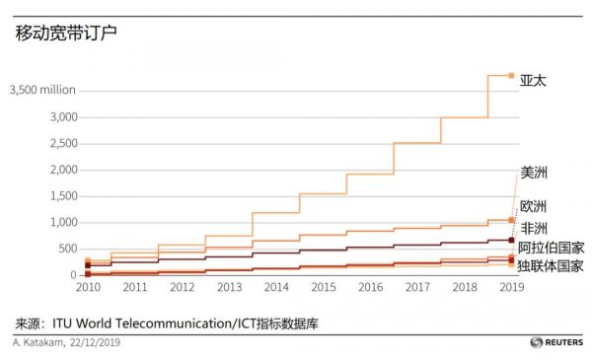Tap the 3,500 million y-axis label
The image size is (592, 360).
click(x=42, y=90)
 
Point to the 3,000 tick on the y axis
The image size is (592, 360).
click(x=60, y=117)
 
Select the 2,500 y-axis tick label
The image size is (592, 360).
click(x=60, y=144)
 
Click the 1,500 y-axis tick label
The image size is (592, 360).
click(x=60, y=196)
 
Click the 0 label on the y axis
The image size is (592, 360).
click(x=72, y=275)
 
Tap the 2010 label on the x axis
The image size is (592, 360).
click(x=88, y=288)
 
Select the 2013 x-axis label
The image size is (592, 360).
click(x=229, y=288)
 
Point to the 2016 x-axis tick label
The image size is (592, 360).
click(x=370, y=288)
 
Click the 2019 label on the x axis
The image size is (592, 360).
click(x=511, y=288)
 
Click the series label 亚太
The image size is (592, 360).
click(x=533, y=81)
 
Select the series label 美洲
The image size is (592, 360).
click(x=534, y=173)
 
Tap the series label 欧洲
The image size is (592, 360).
click(x=534, y=206)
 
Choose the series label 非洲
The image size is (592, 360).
click(x=534, y=229)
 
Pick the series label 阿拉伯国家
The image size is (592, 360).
click(x=551, y=248)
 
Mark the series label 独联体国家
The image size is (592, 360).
click(x=551, y=265)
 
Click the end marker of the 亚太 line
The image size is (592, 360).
click(x=511, y=75)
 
